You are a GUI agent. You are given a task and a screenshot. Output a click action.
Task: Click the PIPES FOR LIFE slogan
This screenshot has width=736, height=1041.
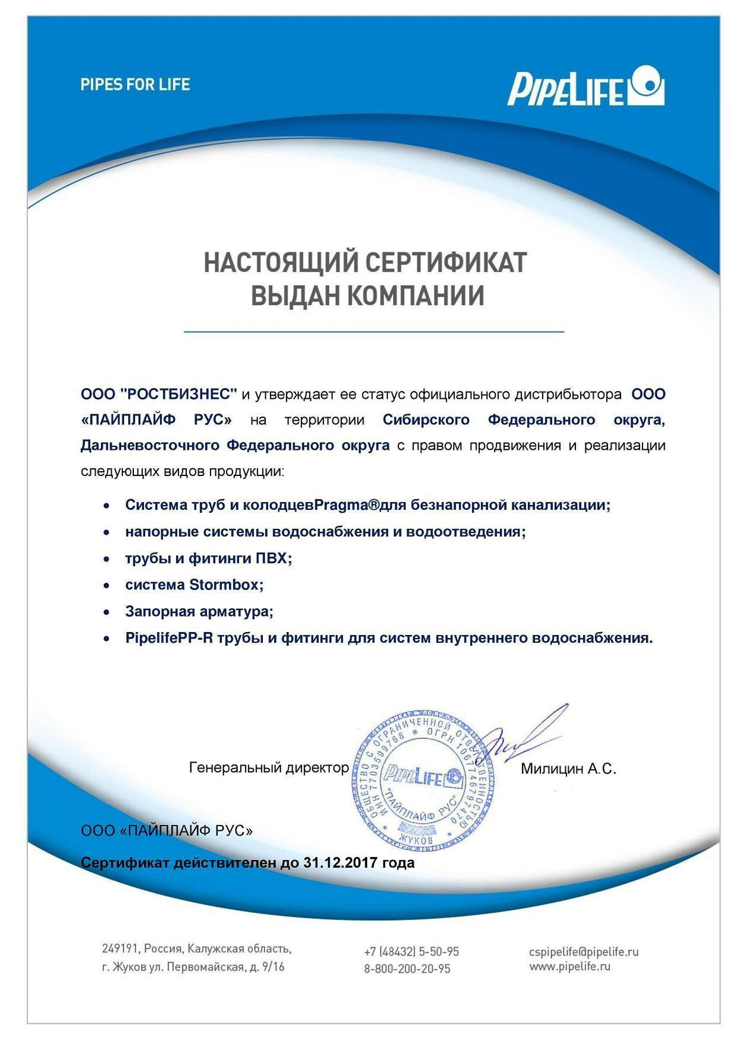pos(135,84)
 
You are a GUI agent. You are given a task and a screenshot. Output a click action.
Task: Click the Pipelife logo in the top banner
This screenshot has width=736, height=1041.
pos(585,87)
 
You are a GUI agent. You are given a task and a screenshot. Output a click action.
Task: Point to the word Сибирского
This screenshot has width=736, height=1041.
pos(426,420)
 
